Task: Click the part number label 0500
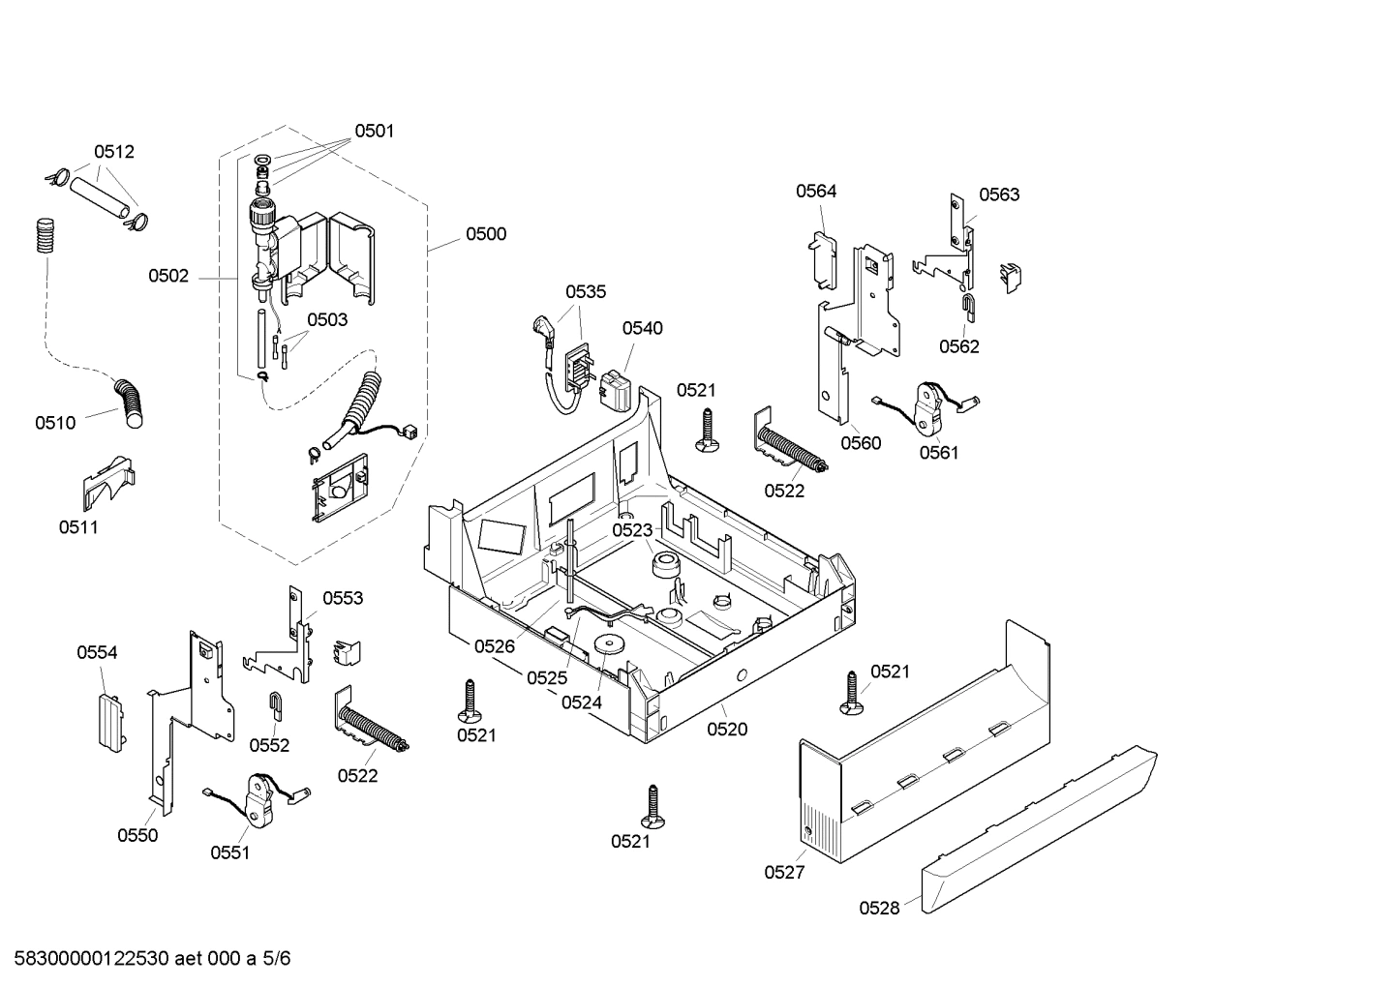click(485, 234)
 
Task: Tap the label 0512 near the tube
click(113, 152)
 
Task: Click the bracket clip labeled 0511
click(106, 481)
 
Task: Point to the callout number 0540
click(642, 328)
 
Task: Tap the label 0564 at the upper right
click(816, 192)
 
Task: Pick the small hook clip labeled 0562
click(968, 307)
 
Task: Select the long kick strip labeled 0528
click(1041, 832)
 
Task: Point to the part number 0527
click(784, 873)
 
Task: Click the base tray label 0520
click(727, 730)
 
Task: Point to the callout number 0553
click(343, 599)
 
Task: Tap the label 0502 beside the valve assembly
click(168, 277)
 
